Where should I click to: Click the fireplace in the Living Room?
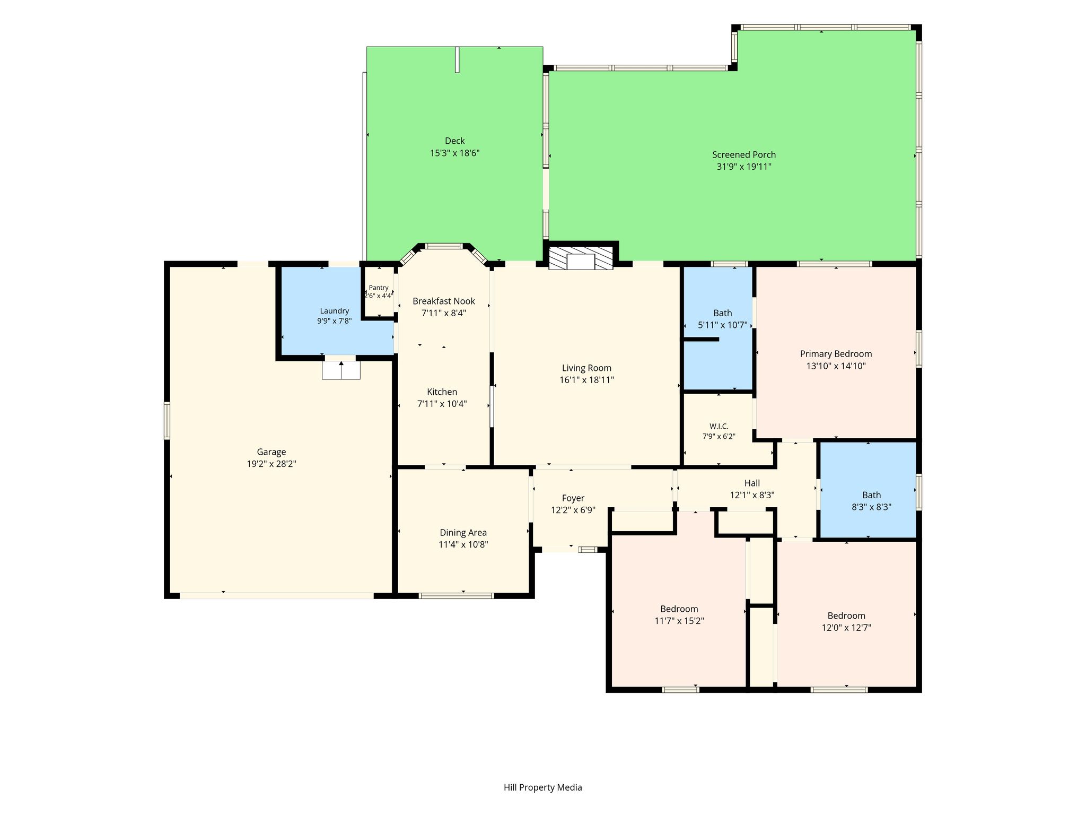(581, 257)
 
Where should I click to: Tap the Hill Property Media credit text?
(542, 787)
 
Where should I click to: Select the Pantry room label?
(379, 288)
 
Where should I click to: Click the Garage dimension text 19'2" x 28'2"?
(271, 464)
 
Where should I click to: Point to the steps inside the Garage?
(341, 370)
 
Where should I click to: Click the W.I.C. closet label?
(719, 426)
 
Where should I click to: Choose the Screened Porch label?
(744, 154)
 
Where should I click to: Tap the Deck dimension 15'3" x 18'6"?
(455, 153)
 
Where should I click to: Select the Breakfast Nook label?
(444, 301)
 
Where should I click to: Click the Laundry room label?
(335, 311)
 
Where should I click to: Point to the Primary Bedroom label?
(836, 354)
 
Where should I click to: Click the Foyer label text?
(573, 498)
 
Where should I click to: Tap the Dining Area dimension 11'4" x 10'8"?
(463, 544)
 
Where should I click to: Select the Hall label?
(752, 483)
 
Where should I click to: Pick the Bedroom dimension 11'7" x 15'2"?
(679, 621)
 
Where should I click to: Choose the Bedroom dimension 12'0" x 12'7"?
(846, 628)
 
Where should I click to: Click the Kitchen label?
(442, 392)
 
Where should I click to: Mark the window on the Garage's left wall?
(167, 421)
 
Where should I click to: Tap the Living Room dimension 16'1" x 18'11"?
(587, 380)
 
